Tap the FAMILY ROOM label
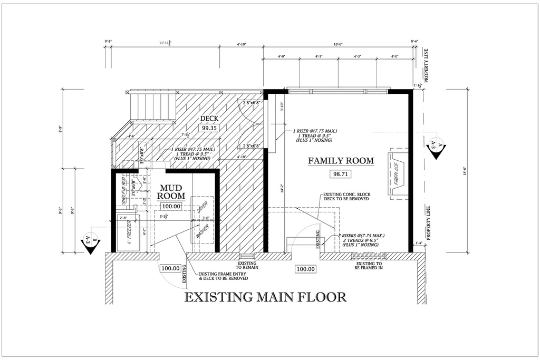(x=341, y=160)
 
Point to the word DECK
(x=209, y=118)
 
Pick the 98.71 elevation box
(x=340, y=173)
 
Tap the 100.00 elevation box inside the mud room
(x=171, y=206)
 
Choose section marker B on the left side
(x=90, y=242)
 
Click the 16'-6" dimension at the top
(x=338, y=45)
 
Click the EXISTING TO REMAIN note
(x=247, y=265)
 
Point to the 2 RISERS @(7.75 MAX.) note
(x=362, y=235)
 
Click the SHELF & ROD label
(x=126, y=194)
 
